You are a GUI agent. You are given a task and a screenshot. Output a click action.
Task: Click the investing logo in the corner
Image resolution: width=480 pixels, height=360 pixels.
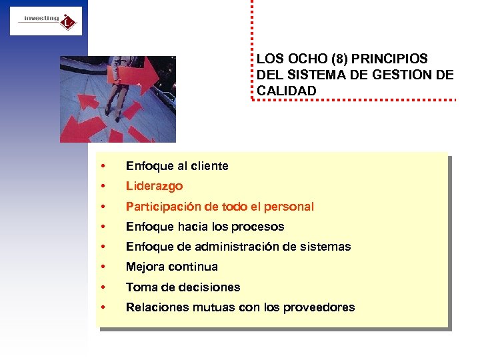46,21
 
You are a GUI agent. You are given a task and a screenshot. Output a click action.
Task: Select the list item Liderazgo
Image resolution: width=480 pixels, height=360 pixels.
154,186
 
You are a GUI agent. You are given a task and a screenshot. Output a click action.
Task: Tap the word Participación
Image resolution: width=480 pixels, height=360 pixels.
164,207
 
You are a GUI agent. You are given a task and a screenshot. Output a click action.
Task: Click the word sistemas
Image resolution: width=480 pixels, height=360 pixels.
325,247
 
